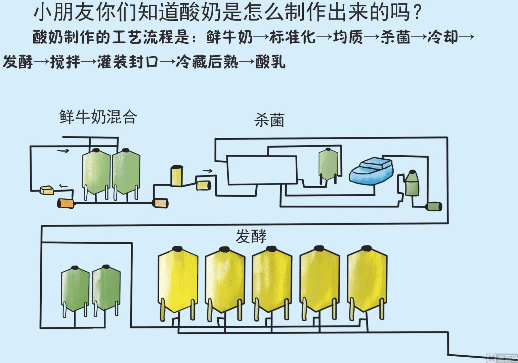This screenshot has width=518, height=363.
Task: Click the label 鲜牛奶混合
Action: click(x=98, y=117)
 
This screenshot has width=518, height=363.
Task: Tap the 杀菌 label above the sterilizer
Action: click(x=269, y=120)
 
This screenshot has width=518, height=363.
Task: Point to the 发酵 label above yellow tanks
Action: click(x=251, y=236)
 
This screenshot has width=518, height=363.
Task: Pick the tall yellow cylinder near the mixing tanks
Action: click(x=176, y=176)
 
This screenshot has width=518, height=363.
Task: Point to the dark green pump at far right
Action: click(x=434, y=206)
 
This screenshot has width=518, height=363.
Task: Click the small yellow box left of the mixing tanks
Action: click(x=46, y=190)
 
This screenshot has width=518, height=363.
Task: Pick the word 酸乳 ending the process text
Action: click(x=270, y=62)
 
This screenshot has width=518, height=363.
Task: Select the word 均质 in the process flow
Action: click(x=348, y=37)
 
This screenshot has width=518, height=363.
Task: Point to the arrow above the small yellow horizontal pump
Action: click(x=208, y=171)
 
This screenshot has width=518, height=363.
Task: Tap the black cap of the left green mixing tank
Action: click(x=96, y=150)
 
